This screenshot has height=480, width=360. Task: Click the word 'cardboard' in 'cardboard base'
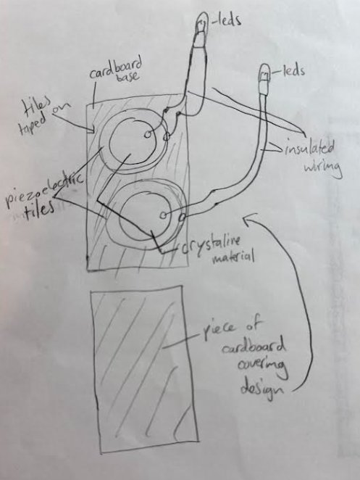[116, 69]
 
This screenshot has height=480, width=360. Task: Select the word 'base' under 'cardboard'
[129, 77]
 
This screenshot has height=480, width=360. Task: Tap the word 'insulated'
[309, 149]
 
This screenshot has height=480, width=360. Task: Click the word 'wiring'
[322, 167]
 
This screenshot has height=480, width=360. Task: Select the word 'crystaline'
[210, 246]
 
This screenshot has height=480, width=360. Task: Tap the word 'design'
[261, 389]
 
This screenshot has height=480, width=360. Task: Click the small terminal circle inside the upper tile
[148, 134]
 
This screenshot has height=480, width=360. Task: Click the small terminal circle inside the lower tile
[164, 215]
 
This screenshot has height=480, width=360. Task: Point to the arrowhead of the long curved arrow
[247, 219]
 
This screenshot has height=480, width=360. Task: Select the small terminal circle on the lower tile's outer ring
[182, 218]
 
